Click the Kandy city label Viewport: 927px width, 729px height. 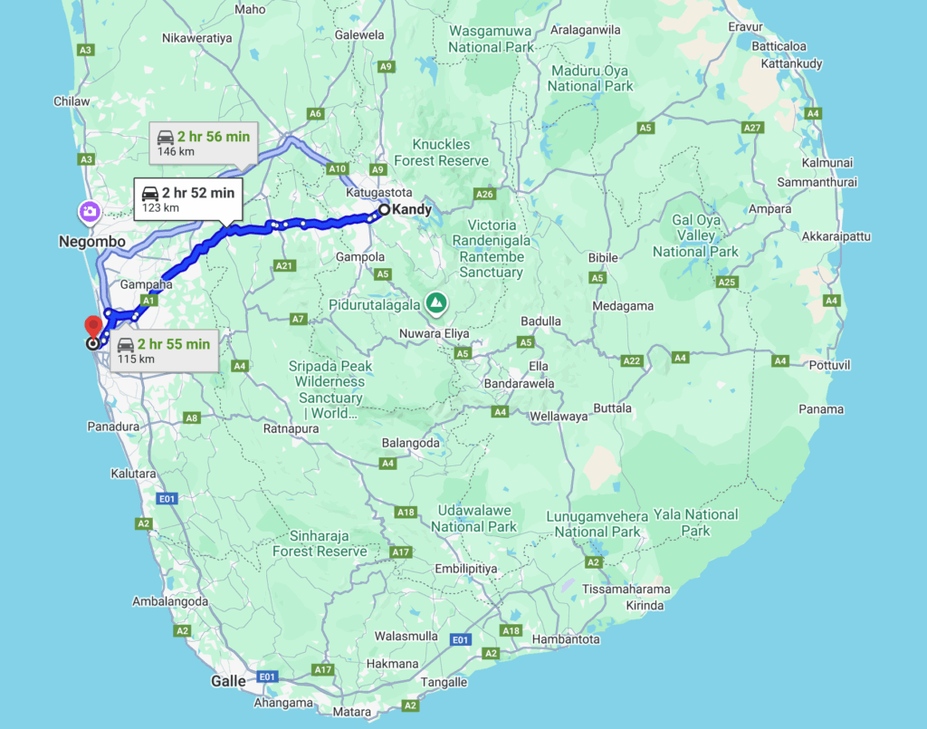click(412, 209)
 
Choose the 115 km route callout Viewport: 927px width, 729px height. click(164, 350)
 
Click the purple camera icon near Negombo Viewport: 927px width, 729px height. click(90, 212)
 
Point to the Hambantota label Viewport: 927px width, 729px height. click(565, 639)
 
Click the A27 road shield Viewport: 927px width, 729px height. click(753, 128)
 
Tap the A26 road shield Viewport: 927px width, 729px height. click(485, 194)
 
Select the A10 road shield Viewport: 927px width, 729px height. click(338, 168)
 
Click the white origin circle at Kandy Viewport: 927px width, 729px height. click(384, 210)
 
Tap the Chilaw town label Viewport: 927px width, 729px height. click(72, 101)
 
